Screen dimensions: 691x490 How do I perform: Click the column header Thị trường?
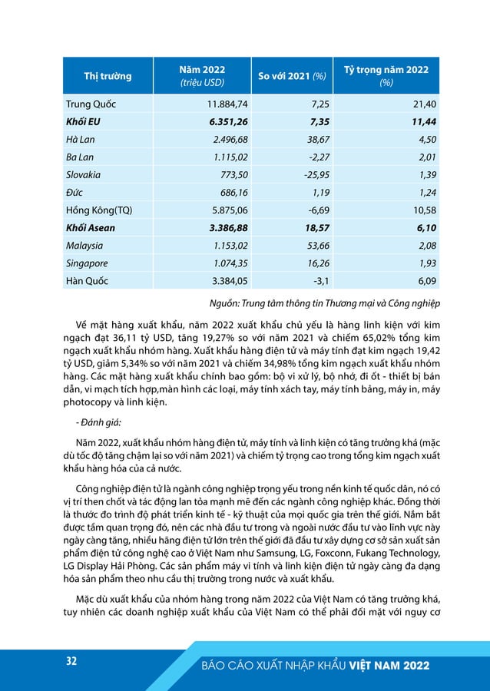click(x=107, y=76)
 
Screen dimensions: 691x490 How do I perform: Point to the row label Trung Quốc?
click(x=91, y=104)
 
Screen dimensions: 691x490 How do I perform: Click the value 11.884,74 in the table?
click(x=228, y=104)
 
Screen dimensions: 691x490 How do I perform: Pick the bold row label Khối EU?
click(x=86, y=121)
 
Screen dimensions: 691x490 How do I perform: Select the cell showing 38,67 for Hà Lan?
click(x=313, y=139)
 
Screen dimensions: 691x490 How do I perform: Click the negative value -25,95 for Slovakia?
click(x=310, y=174)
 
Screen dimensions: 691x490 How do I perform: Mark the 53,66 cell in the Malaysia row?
click(x=313, y=245)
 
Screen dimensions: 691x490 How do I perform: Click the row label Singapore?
click(x=88, y=263)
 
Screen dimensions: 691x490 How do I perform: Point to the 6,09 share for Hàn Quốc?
click(x=424, y=280)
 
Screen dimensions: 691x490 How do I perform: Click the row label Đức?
click(x=75, y=192)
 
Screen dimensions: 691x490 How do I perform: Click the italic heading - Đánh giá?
click(x=98, y=422)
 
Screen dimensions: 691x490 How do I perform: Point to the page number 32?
click(x=71, y=661)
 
